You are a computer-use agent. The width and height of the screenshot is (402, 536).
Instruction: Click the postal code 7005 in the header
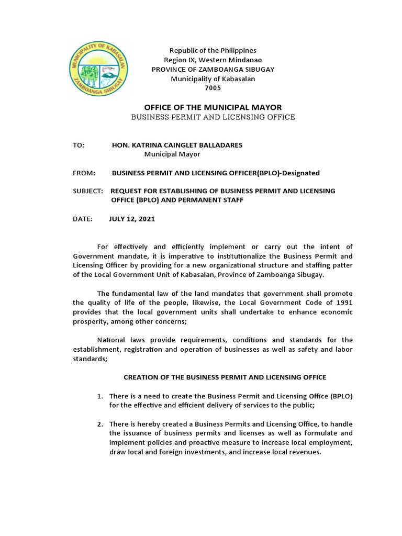pos(213,88)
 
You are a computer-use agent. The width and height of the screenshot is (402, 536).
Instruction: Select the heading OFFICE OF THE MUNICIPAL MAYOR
pos(213,107)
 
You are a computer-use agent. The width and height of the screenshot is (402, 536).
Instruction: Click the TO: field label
pos(78,145)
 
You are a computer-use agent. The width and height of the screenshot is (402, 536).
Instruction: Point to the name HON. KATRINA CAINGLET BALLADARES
pos(177,145)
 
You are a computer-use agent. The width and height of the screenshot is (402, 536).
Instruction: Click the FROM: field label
pos(83,173)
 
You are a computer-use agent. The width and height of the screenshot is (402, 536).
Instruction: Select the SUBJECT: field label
pos(88,191)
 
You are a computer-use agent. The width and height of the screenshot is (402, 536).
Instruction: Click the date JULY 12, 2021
pos(132,219)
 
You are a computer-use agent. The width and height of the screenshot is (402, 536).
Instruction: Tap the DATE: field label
pos(82,219)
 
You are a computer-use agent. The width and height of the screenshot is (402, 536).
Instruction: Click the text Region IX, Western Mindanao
pos(213,60)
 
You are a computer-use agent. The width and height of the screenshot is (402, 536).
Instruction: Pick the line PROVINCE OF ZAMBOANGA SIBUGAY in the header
pos(213,70)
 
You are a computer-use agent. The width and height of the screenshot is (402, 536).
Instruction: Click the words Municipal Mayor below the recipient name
pos(172,154)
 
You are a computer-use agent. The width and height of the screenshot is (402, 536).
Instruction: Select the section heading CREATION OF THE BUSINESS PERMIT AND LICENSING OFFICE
pos(225,377)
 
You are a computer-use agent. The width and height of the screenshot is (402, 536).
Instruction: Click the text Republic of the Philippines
pos(213,51)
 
